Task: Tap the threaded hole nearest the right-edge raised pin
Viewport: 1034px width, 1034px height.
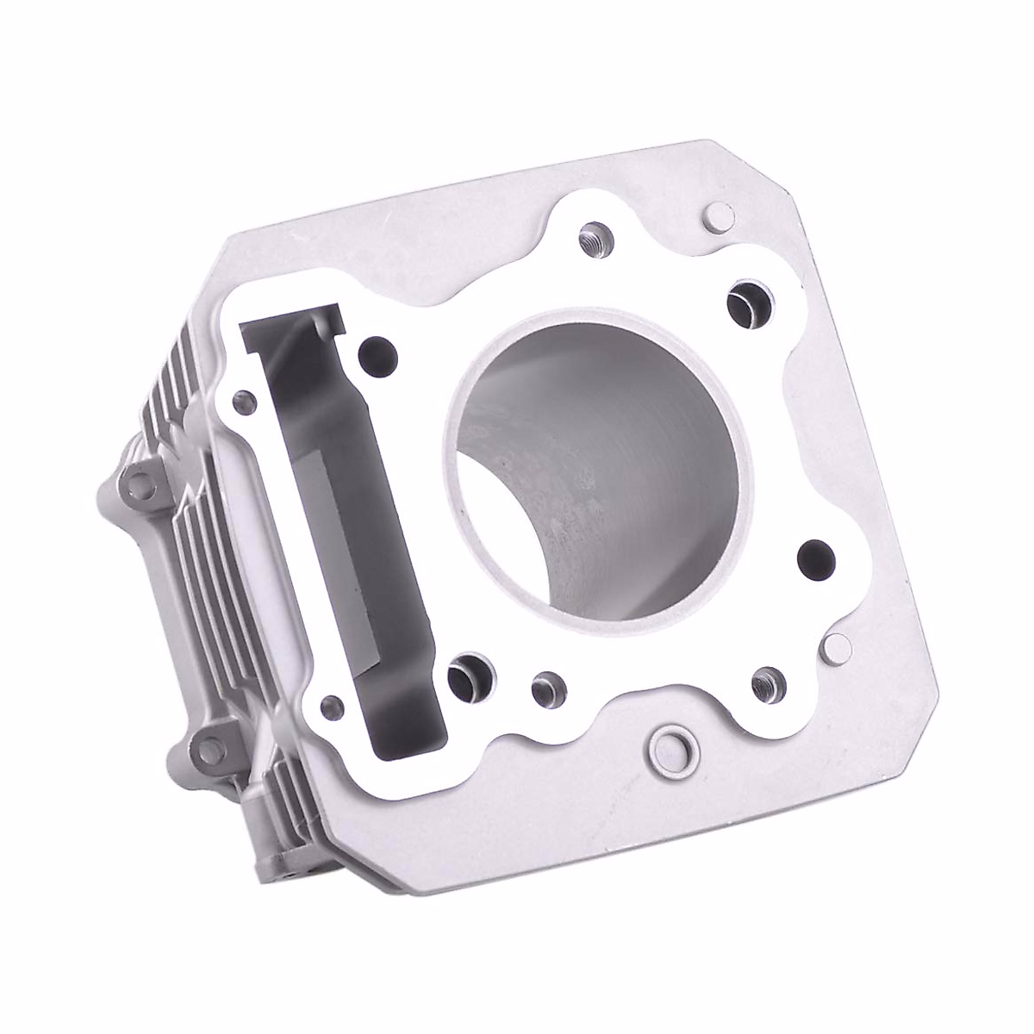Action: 763,683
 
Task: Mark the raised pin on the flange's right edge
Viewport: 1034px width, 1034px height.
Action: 835,644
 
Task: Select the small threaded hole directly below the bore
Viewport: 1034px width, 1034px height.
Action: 545,688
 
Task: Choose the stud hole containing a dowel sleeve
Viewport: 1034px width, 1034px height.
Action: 469,674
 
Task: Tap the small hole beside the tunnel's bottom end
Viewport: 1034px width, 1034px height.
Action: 329,708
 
